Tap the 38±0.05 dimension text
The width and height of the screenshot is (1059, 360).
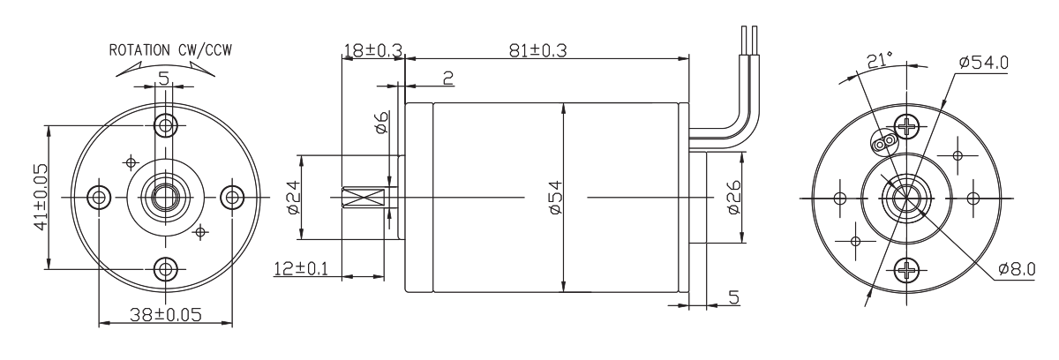[164, 313]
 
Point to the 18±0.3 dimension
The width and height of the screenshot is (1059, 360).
[371, 52]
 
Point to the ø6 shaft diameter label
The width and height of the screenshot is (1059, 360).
[381, 124]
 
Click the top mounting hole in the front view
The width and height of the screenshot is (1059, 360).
[164, 124]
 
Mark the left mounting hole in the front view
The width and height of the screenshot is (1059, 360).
[98, 196]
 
